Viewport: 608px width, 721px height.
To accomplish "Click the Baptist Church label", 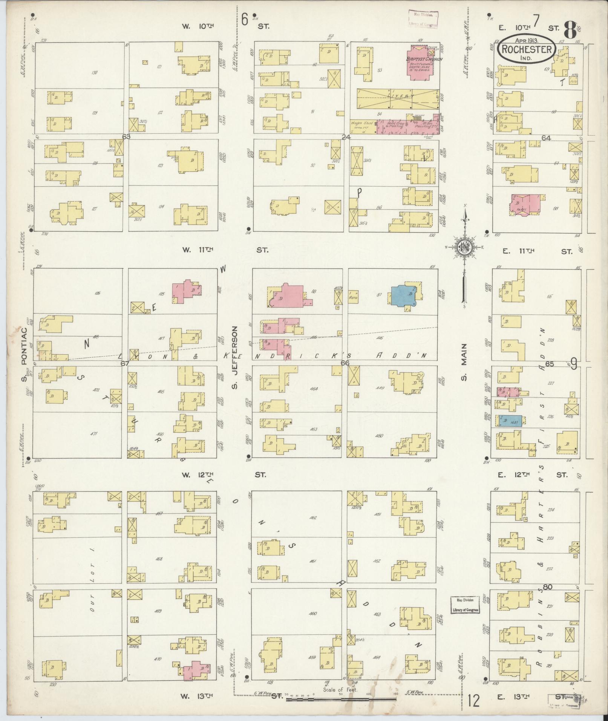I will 424,59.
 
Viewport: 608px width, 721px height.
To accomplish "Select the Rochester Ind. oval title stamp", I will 527,49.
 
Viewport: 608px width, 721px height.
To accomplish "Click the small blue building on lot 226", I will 510,421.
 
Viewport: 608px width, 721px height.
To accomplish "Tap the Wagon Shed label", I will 362,123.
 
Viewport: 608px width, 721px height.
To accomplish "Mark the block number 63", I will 126,136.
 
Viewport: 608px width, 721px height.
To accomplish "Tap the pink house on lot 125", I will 187,291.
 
